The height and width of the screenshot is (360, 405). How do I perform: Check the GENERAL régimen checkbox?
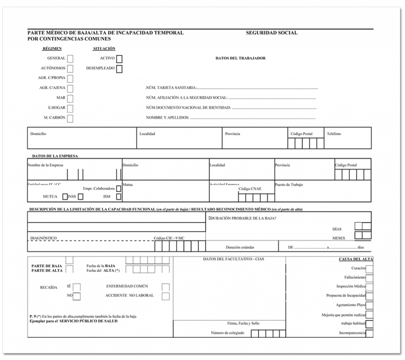pos(70,59)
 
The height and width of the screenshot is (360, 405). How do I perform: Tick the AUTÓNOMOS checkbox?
pos(70,68)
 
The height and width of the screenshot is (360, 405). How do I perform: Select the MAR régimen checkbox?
pos(70,98)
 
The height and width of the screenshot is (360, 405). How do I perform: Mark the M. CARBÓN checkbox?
pos(70,118)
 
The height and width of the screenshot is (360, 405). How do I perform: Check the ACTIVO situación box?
pos(119,59)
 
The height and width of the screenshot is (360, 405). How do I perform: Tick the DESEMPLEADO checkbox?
pos(119,69)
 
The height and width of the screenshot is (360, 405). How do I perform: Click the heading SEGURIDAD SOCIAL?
pos(271,33)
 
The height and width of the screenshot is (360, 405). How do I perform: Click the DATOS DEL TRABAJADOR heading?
pos(240,58)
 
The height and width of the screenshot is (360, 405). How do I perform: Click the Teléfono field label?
pos(334,134)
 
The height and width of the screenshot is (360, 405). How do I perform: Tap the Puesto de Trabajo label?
pos(289,185)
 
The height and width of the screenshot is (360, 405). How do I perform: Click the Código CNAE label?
pos(250,189)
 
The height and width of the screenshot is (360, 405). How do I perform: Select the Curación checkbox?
pos(369,269)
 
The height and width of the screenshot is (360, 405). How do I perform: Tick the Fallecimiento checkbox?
pos(369,277)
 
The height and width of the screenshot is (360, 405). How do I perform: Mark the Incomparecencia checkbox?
pos(369,333)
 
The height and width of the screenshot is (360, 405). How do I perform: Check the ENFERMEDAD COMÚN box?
pos(166,286)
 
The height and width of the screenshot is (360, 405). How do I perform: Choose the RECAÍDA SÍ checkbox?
pos(77,286)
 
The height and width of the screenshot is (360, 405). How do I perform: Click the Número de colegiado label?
pos(228,333)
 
